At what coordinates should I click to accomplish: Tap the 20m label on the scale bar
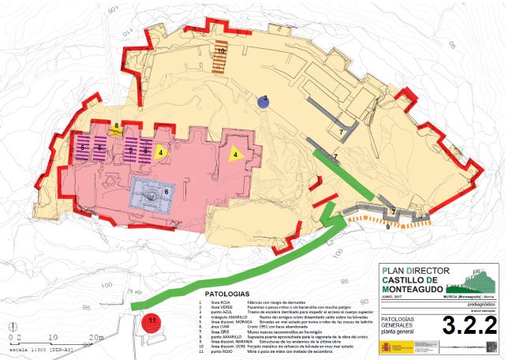coord(98,337)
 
